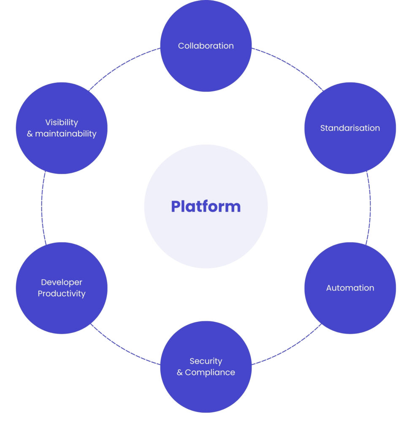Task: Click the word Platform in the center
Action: click(206, 206)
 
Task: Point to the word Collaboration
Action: click(206, 46)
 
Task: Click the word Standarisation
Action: click(350, 128)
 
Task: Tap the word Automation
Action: click(350, 288)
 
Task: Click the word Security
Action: click(206, 361)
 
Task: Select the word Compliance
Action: click(210, 373)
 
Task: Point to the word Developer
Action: click(62, 282)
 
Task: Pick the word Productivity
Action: click(62, 293)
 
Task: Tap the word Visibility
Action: click(62, 122)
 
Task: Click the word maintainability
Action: click(66, 134)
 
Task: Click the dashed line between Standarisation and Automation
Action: click(370, 207)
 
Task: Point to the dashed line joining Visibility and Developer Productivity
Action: click(42, 207)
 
